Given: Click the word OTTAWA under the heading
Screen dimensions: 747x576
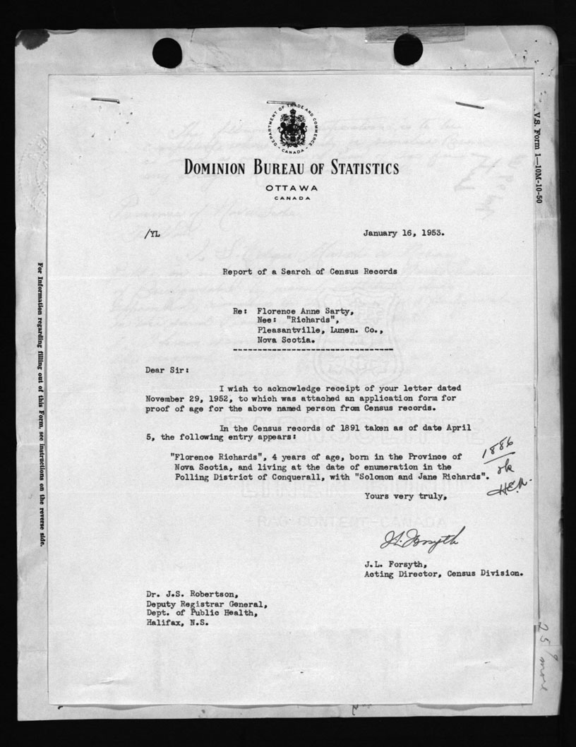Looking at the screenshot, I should (x=291, y=188).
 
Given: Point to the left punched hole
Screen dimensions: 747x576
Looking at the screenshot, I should (x=167, y=53).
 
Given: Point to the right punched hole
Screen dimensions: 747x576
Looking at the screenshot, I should (x=408, y=49).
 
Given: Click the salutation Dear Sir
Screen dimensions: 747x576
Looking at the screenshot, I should (x=164, y=368).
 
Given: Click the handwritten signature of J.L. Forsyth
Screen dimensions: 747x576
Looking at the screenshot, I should (x=422, y=539).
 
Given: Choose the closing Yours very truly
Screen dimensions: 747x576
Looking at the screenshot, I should (x=405, y=496).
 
